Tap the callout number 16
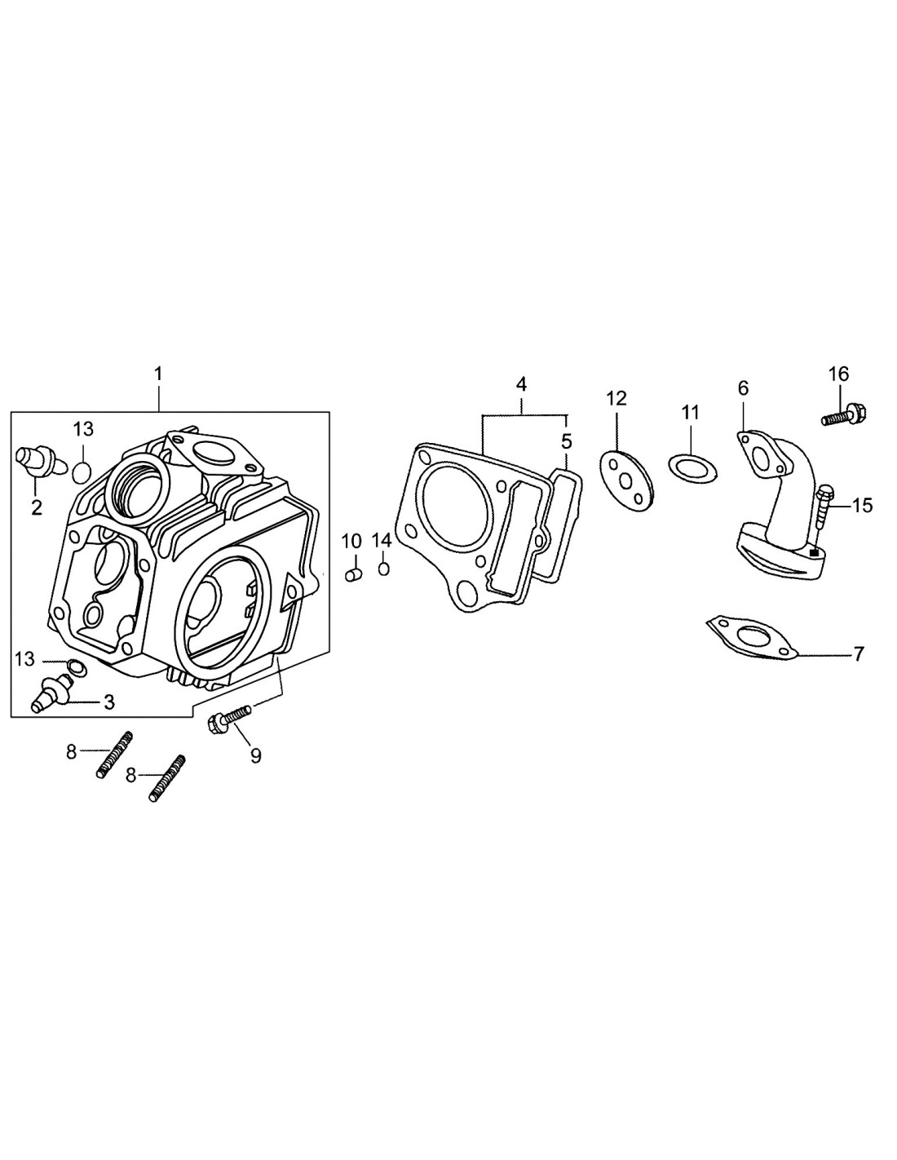coord(838,374)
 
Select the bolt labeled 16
coord(843,415)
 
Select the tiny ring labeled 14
coord(383,567)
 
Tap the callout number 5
coord(566,442)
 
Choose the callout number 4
coord(521,384)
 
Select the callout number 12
coord(616,398)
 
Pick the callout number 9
coord(255,756)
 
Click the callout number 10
coord(351,540)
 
